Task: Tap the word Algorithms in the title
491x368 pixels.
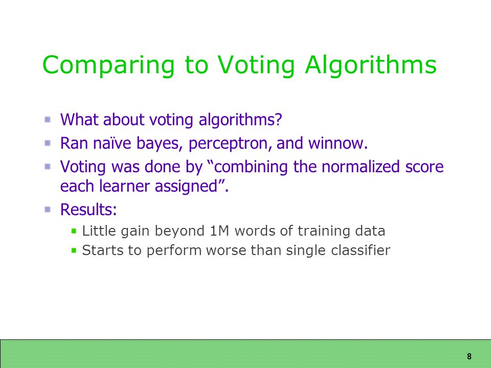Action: (x=371, y=65)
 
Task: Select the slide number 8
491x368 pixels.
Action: (x=469, y=356)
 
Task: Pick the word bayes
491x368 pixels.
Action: (x=160, y=144)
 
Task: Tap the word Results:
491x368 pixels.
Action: (x=88, y=209)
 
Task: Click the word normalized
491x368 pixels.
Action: (x=361, y=166)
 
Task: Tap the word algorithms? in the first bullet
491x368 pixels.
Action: (x=240, y=120)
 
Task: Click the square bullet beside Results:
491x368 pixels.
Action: (x=48, y=209)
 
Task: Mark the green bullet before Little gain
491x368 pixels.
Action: (x=74, y=231)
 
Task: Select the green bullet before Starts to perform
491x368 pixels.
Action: (x=74, y=250)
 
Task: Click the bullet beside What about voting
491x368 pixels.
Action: (x=48, y=119)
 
